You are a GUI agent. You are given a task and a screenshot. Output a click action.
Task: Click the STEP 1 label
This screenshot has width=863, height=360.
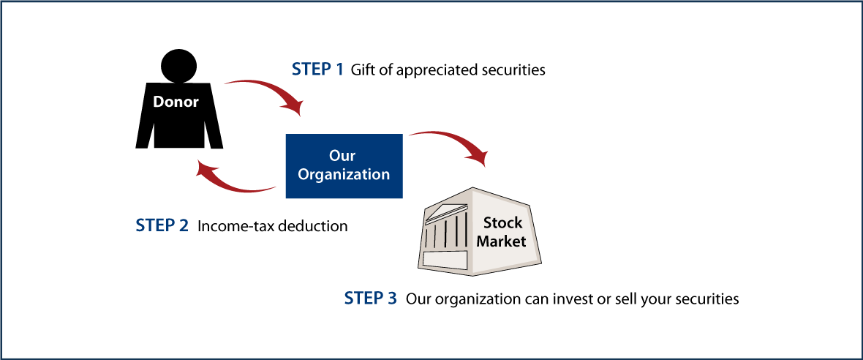coord(317,70)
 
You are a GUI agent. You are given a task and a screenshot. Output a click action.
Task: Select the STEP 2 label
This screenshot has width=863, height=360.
coord(162,225)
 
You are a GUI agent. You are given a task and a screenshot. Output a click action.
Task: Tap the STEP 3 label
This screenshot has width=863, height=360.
coord(370,299)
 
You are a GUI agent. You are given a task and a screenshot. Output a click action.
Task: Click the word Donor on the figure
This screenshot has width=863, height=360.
coord(176,102)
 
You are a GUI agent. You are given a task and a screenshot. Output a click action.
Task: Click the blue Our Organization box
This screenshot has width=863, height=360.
coord(344,165)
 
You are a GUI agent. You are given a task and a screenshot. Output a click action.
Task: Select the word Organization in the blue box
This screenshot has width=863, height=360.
coord(344,175)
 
